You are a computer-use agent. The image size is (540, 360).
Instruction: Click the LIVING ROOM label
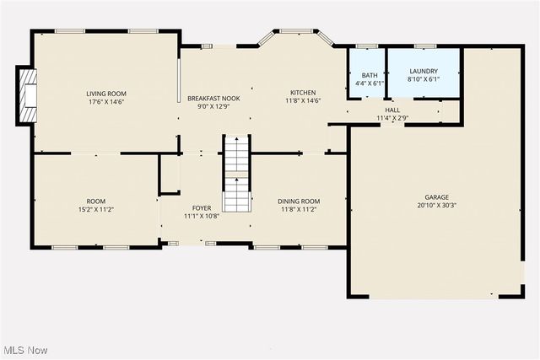105,93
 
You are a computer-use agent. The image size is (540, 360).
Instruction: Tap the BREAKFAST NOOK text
213,98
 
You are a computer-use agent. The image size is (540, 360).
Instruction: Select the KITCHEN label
303,93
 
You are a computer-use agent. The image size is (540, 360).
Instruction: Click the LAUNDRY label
424,71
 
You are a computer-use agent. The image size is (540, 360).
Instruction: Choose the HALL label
393,110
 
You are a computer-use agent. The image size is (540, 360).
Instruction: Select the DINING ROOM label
300,201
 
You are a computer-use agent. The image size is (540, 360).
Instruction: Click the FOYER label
202,207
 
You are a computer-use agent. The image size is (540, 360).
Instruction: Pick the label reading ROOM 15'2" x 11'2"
96,201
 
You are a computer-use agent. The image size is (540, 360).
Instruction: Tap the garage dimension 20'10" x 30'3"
436,205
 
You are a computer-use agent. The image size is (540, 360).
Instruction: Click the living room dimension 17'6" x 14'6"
105,102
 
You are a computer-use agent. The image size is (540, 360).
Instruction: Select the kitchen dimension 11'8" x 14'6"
303,102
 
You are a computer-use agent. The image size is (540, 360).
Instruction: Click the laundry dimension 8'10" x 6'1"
424,80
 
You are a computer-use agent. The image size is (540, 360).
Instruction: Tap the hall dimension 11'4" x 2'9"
393,118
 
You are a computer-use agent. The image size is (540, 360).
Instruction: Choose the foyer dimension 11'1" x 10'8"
202,217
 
